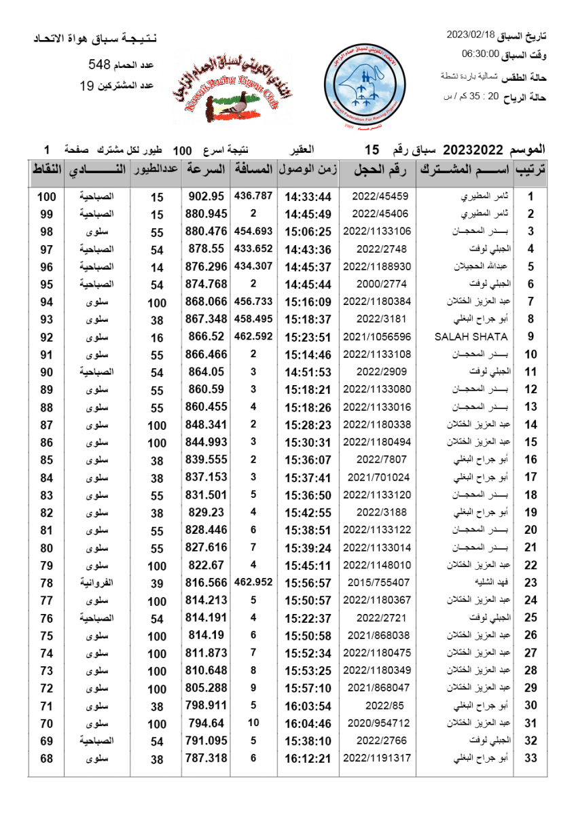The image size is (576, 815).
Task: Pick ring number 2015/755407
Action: (x=378, y=583)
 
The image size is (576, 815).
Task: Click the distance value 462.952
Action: (x=253, y=582)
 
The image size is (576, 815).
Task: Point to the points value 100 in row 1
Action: (x=46, y=197)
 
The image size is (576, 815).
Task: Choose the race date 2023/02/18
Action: (x=470, y=34)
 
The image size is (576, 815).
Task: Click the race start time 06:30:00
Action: (x=480, y=53)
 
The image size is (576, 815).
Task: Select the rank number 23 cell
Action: (x=531, y=583)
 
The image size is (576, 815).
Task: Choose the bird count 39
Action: (x=157, y=583)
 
